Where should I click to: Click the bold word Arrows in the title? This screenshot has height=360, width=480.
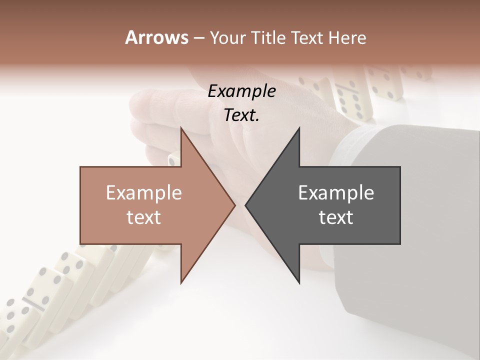pos(156,37)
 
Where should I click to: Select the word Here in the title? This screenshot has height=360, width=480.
pos(347,38)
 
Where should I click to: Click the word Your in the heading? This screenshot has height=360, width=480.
pos(227,38)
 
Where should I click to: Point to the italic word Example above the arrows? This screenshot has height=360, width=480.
pos(241,91)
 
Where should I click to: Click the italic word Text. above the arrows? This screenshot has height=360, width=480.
pos(241,115)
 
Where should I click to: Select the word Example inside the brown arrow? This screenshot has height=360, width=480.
pos(144,192)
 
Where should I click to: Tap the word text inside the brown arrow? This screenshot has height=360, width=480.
pos(144,217)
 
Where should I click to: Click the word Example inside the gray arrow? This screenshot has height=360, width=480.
pos(336,192)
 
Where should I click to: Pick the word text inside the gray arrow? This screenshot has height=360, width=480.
pos(336,217)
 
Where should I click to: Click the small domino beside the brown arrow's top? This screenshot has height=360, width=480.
pos(173,159)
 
